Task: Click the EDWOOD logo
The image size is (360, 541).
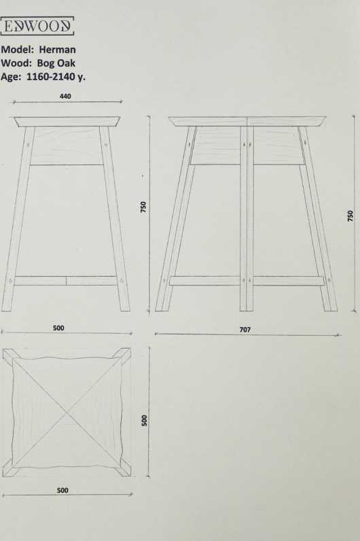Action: [x=37, y=26]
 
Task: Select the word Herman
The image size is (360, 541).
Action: [x=57, y=50]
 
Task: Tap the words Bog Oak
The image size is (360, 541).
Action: [x=56, y=63]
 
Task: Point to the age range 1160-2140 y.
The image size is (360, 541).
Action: [x=56, y=77]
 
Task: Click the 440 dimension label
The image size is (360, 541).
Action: [x=65, y=97]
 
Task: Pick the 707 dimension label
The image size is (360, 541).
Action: [x=245, y=330]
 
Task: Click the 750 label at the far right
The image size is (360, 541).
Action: [x=350, y=215]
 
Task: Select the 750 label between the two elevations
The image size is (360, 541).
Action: [x=143, y=207]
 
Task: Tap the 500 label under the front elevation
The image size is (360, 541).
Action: [x=58, y=328]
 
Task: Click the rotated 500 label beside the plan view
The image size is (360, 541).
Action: [x=144, y=421]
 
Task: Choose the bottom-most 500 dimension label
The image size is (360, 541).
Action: [x=62, y=490]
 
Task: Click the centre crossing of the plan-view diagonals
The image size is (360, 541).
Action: [x=67, y=413]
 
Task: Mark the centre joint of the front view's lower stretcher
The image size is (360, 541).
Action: [x=66, y=281]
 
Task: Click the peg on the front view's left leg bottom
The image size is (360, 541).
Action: [x=10, y=281]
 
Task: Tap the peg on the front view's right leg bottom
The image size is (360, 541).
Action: [x=122, y=281]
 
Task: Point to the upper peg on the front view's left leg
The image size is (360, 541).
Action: [x=28, y=143]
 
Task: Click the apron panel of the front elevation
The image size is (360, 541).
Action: [x=67, y=145]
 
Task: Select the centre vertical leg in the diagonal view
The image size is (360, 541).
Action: [x=247, y=218]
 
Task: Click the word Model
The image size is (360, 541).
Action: [x=17, y=50]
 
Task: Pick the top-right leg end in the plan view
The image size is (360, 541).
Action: [x=126, y=353]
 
